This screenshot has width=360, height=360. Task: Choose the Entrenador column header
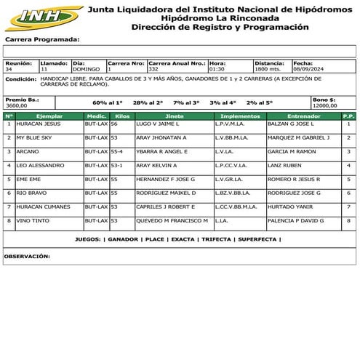pos(303,116)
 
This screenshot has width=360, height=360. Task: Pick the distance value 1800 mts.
pos(267,69)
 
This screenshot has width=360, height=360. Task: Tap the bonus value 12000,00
pos(324,105)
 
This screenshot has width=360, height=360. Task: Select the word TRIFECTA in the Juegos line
pos(217,239)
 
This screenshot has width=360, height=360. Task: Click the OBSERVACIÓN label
pos(27,256)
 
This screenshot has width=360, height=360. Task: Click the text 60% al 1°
pos(108,103)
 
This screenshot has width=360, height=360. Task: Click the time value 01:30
pos(217,69)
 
